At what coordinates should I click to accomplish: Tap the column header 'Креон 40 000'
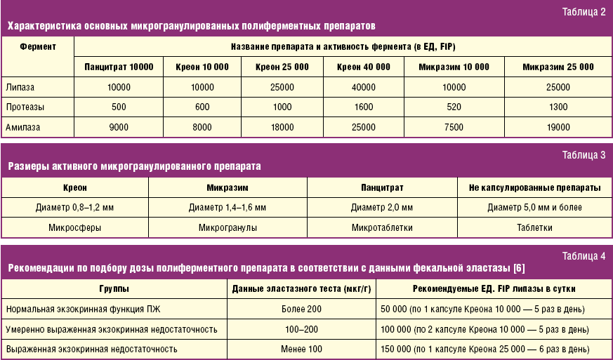pos(363,67)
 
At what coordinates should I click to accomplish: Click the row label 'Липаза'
pos(20,88)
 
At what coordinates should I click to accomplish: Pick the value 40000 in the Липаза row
pos(363,88)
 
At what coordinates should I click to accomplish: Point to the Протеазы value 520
pos(454,107)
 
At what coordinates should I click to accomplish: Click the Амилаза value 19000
pos(558,127)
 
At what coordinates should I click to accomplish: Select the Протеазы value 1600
pos(363,107)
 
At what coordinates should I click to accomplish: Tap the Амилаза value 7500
pos(454,127)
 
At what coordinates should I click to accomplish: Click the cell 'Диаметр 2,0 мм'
pos(382,208)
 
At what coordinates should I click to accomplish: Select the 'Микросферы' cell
pos(74,227)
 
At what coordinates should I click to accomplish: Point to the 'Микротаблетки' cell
pos(382,227)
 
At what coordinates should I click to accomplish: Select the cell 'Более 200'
pos(301,309)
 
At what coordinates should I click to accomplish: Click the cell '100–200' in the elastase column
pos(301,328)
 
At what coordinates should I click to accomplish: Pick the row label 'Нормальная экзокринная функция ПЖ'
pos(79,309)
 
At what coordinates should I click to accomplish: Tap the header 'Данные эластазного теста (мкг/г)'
pos(301,288)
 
